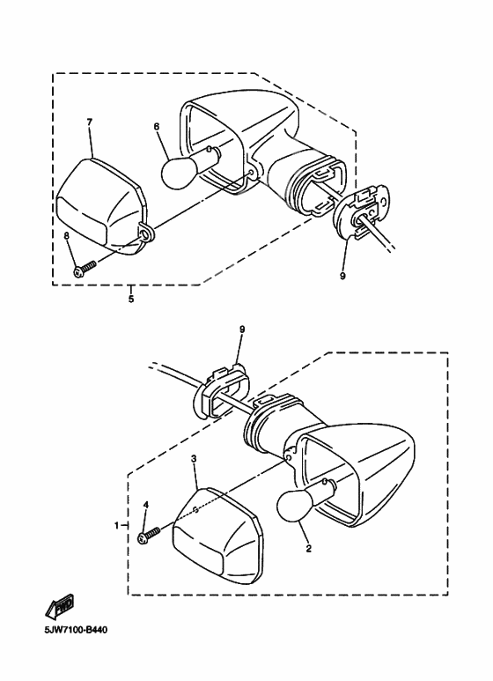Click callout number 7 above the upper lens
(x=90, y=122)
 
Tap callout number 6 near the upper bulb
(x=156, y=127)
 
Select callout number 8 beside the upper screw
(x=66, y=236)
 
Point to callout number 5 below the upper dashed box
(x=131, y=300)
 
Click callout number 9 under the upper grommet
(x=342, y=276)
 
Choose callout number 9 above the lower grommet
(x=242, y=329)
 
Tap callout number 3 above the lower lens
(x=194, y=459)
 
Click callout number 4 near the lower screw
(x=146, y=504)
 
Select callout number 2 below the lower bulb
(x=308, y=549)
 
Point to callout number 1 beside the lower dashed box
(x=116, y=526)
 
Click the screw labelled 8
(x=85, y=269)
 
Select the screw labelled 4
(x=149, y=535)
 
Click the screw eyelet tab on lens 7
(x=146, y=233)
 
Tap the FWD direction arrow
(x=59, y=605)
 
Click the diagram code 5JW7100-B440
(x=76, y=629)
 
